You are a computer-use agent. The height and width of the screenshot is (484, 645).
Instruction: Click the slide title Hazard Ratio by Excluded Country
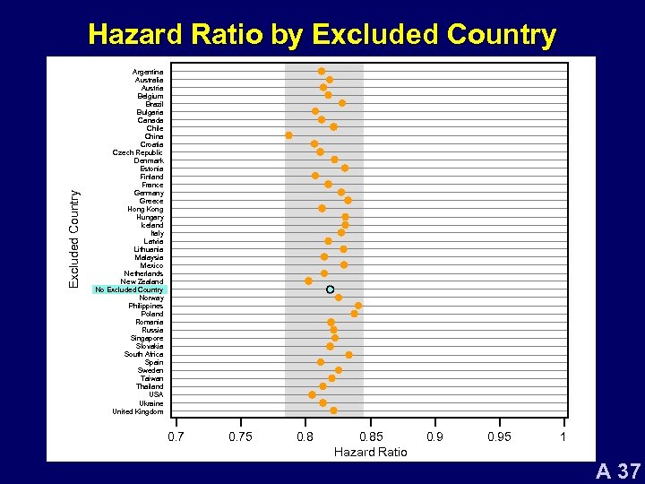click(x=322, y=35)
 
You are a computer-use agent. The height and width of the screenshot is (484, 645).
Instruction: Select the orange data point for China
click(x=288, y=135)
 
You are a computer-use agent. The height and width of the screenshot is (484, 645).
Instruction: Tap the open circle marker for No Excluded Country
click(x=330, y=289)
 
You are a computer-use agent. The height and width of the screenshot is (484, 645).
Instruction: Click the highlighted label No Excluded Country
click(x=129, y=290)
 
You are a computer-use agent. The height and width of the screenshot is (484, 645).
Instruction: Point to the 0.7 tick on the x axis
click(x=176, y=436)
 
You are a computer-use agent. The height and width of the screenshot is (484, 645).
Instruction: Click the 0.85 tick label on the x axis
click(x=370, y=436)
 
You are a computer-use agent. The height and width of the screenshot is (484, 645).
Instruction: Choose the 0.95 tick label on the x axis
click(x=499, y=436)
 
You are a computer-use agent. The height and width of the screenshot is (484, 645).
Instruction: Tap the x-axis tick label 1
click(x=563, y=436)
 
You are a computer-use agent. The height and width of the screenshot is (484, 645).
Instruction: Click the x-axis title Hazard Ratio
click(x=370, y=452)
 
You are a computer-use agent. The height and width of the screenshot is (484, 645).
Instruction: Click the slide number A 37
click(x=618, y=471)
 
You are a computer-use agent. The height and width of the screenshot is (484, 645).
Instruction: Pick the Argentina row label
click(x=148, y=72)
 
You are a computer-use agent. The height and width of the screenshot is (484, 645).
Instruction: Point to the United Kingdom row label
click(x=138, y=411)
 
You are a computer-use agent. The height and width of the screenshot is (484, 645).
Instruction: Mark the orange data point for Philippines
click(x=358, y=306)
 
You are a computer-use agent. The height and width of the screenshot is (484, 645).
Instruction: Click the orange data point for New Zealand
click(x=308, y=281)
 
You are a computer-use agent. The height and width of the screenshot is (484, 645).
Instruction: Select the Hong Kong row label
click(x=145, y=209)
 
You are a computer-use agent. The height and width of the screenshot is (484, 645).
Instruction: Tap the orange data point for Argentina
click(x=322, y=71)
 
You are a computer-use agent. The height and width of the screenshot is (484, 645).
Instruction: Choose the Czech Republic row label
click(x=138, y=152)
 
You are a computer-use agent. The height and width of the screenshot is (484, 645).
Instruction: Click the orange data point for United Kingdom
click(x=333, y=411)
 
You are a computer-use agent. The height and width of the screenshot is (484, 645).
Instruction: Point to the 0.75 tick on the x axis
click(x=240, y=436)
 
